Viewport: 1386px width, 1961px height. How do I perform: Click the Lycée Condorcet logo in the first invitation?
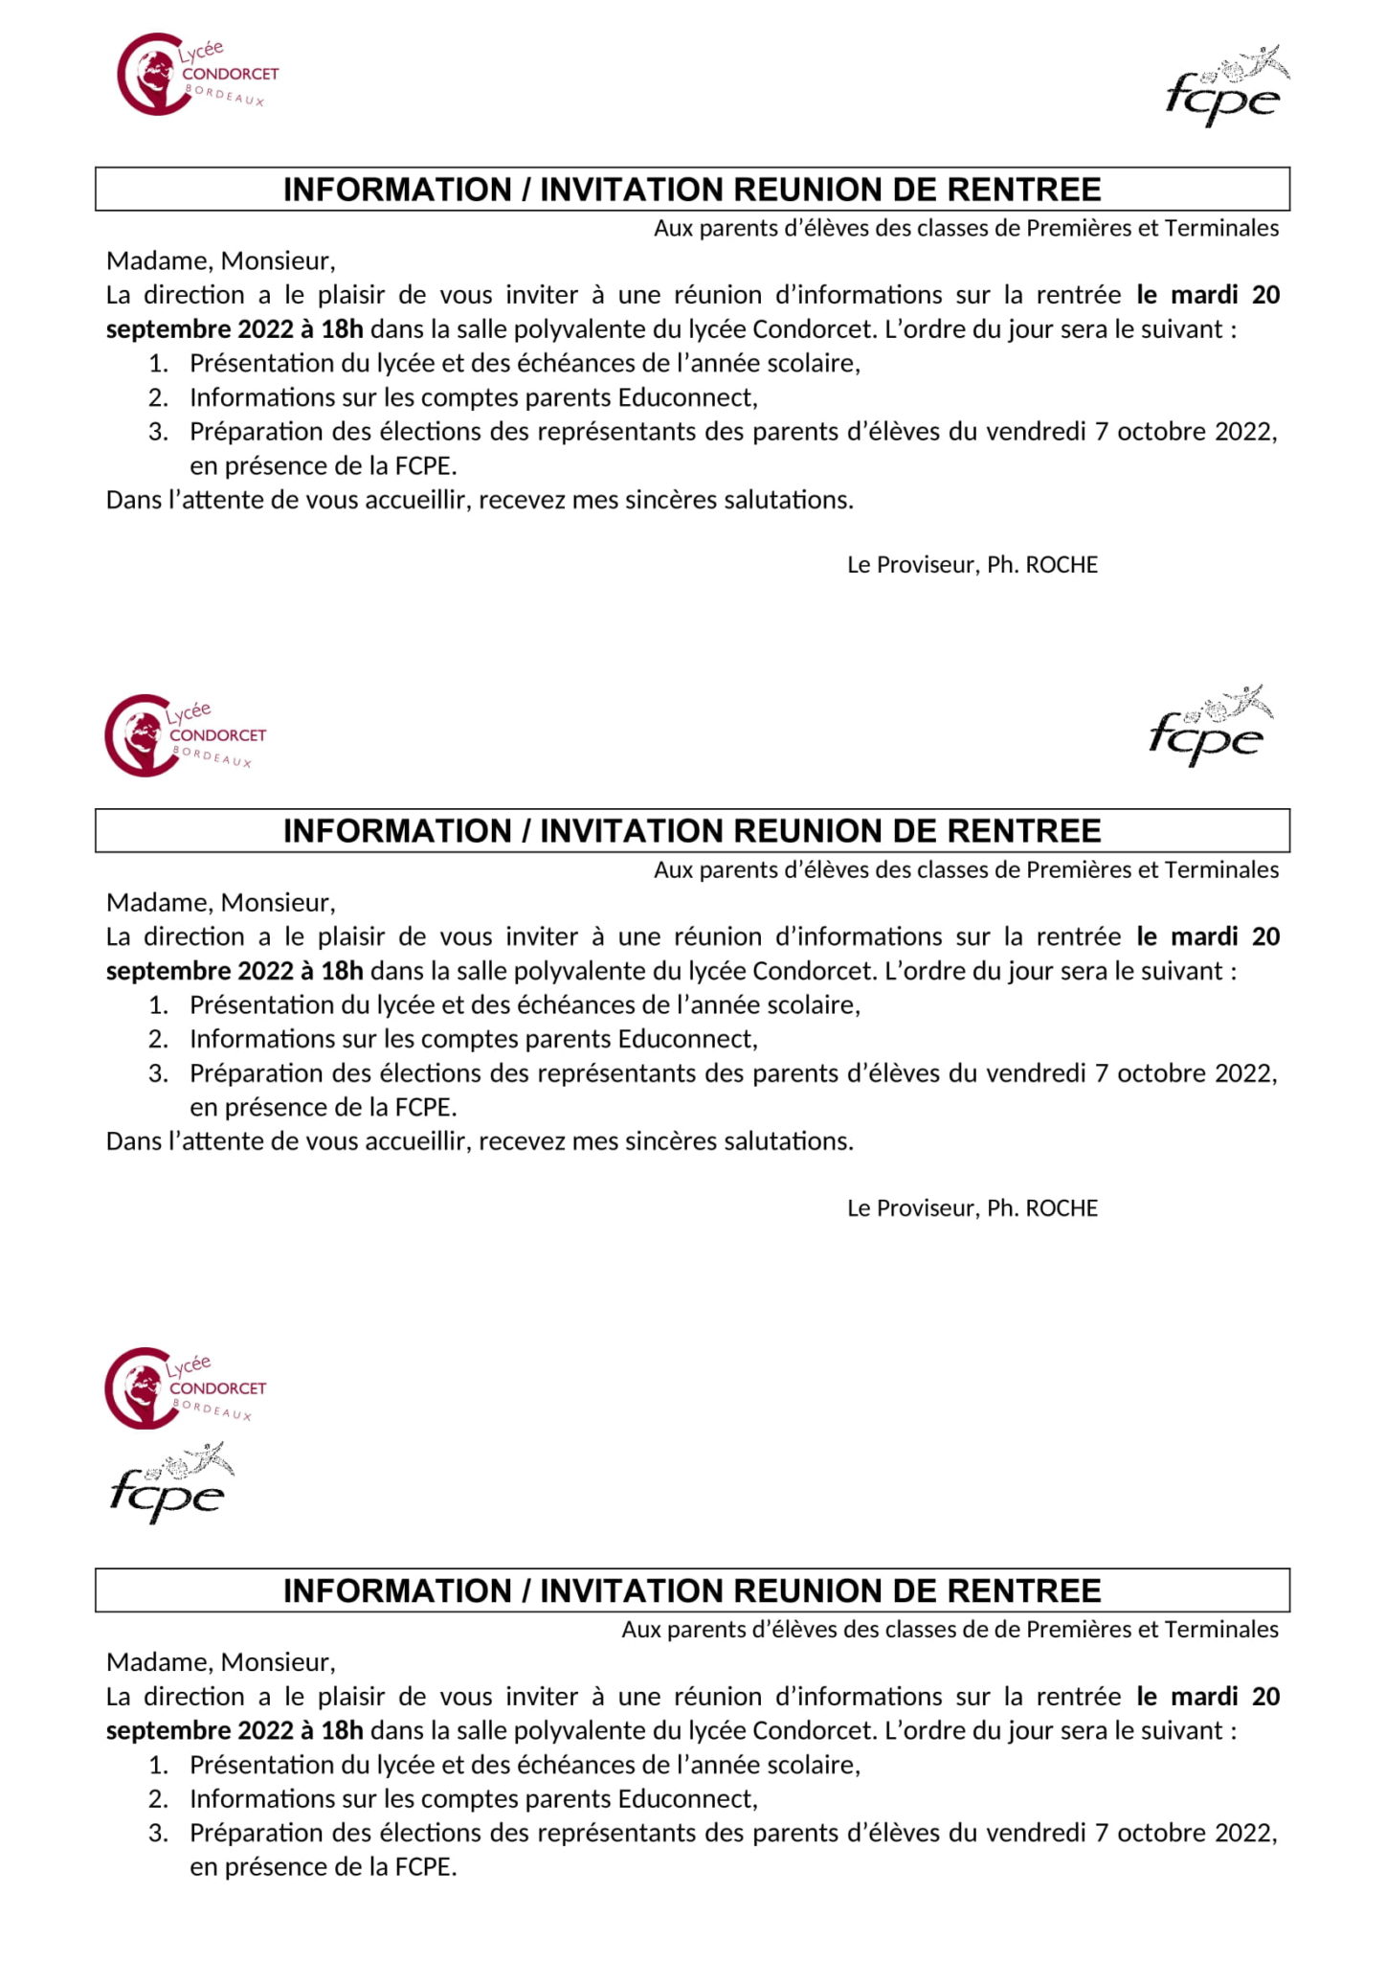tap(196, 75)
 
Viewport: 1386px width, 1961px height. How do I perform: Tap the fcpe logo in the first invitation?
tap(1226, 86)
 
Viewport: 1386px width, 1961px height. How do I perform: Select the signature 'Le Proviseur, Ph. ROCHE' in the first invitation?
tap(972, 565)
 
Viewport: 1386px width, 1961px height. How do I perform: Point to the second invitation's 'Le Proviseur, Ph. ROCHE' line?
tap(972, 1207)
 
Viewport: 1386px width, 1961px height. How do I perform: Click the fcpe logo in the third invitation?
tap(170, 1483)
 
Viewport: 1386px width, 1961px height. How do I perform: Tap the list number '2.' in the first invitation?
tap(158, 397)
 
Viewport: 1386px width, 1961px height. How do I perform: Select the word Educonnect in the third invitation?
tap(687, 1798)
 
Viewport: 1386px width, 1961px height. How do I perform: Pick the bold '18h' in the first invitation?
tap(342, 329)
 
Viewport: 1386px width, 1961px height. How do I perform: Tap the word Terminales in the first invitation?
tap(1221, 228)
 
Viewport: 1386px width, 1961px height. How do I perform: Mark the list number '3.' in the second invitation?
tap(158, 1073)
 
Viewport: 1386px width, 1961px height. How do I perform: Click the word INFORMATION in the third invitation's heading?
tap(397, 1590)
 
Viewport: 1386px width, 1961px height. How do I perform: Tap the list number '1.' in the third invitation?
tap(158, 1765)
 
